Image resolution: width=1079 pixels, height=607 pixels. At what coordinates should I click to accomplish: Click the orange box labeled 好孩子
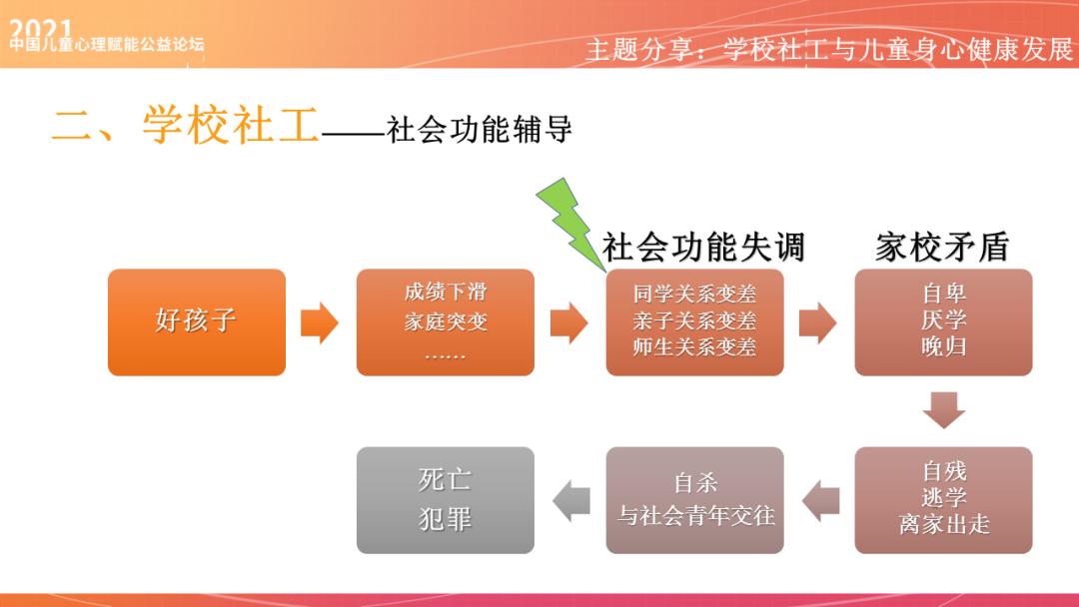coord(196,321)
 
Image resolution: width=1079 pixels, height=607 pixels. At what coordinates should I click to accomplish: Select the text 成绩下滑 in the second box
coord(446,293)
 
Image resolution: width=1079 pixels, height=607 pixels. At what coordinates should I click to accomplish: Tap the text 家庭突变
coord(446,322)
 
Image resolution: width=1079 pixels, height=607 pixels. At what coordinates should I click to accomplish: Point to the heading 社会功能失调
coord(703,247)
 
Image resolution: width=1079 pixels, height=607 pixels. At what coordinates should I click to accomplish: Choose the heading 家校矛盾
coord(942,247)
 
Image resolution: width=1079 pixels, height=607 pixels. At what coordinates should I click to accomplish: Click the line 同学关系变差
coord(694,295)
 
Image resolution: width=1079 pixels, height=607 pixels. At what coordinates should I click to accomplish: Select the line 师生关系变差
coord(694,347)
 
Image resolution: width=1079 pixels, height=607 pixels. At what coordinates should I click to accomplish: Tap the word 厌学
coord(943,321)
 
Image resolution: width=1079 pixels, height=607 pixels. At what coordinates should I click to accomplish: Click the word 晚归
coord(943,347)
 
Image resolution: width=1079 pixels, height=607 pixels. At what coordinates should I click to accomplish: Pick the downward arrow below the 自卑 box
coord(943,410)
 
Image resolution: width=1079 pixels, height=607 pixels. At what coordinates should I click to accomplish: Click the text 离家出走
coord(943,524)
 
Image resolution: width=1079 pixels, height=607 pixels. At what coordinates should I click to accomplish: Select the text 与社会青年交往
coord(695,515)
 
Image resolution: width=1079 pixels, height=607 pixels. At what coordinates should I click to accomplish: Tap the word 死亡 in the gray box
coord(446,480)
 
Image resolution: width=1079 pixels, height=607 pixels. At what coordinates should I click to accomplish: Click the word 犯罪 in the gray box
coord(446,520)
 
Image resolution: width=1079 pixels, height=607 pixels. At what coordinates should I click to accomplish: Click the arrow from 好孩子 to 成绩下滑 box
coord(320,322)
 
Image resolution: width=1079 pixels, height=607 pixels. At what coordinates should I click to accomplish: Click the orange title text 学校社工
coord(230,128)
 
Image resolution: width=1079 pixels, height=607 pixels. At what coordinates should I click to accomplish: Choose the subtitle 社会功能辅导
coord(481,130)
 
